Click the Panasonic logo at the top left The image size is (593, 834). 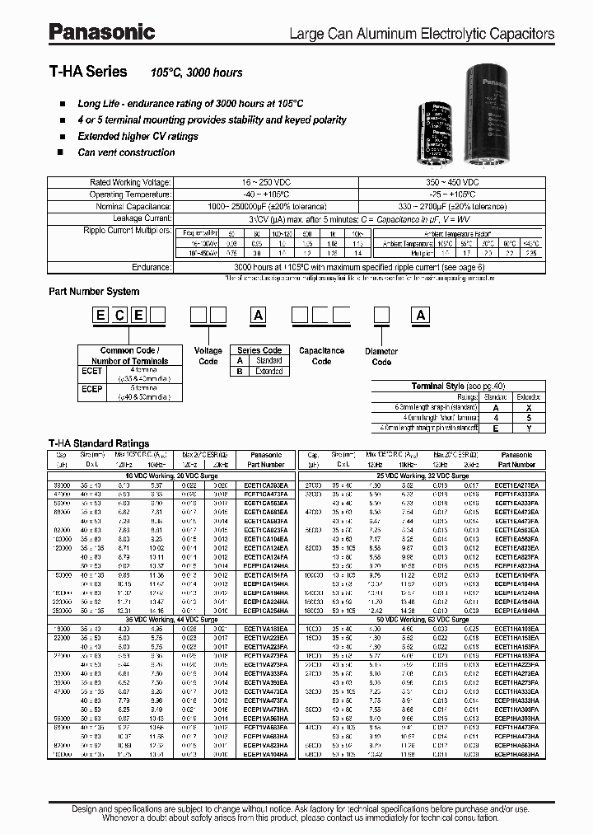pyautogui.click(x=101, y=32)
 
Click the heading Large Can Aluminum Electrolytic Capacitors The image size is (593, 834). pyautogui.click(x=421, y=35)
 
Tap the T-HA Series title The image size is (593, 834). pyautogui.click(x=88, y=73)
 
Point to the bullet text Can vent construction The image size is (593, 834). pyautogui.click(x=126, y=152)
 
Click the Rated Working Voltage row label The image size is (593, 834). pyautogui.click(x=130, y=182)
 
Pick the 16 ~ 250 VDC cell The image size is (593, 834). pyautogui.click(x=264, y=182)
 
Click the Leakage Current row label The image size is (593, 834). pyautogui.click(x=144, y=218)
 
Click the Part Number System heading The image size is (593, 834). pyautogui.click(x=94, y=292)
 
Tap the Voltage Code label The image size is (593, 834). pyautogui.click(x=208, y=355)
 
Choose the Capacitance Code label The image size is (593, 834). pyautogui.click(x=321, y=355)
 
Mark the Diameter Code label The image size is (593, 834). pyautogui.click(x=381, y=357)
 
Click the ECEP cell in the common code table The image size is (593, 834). pyautogui.click(x=93, y=388)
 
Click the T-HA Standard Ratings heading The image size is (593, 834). pyautogui.click(x=99, y=443)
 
